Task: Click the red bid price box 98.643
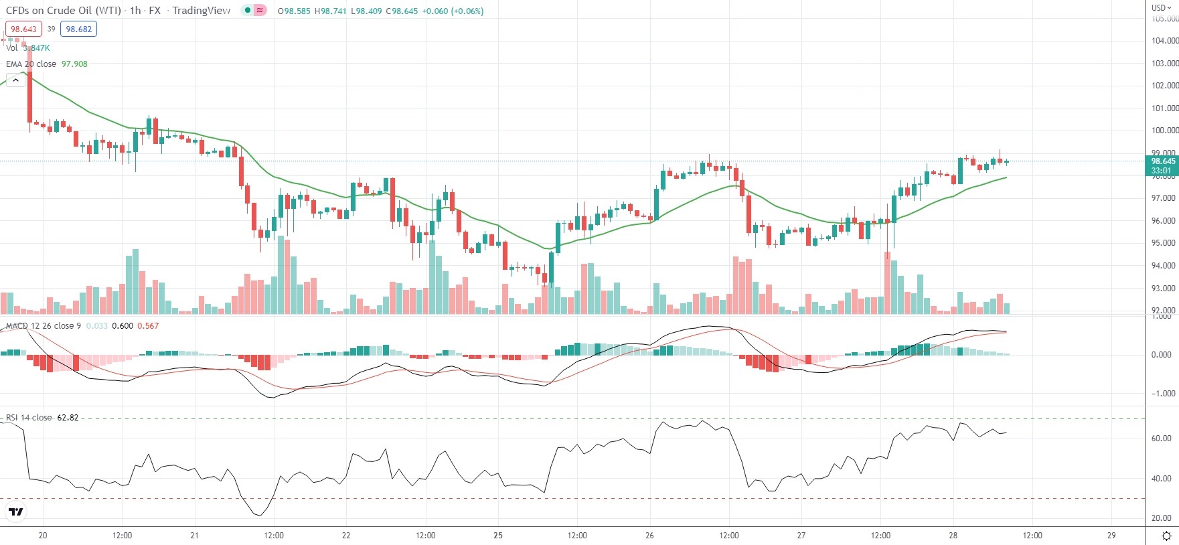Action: click(x=23, y=29)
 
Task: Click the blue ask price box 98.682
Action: click(x=78, y=29)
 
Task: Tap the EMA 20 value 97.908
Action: click(x=74, y=64)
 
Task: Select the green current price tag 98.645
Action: click(x=1163, y=161)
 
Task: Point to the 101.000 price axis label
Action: click(x=1164, y=108)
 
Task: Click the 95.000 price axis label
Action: click(x=1164, y=243)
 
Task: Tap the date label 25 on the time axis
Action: click(x=498, y=536)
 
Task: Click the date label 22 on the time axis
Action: click(x=346, y=536)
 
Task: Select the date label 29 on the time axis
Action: click(x=1111, y=536)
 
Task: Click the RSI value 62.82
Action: click(x=68, y=418)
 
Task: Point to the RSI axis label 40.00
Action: click(x=1161, y=479)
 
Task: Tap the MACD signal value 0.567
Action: click(x=148, y=326)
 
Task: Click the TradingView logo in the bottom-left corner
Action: click(x=15, y=512)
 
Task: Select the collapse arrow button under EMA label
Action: click(x=15, y=80)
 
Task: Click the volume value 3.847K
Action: click(x=36, y=48)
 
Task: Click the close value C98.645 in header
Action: click(x=402, y=11)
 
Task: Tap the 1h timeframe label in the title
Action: click(x=135, y=11)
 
